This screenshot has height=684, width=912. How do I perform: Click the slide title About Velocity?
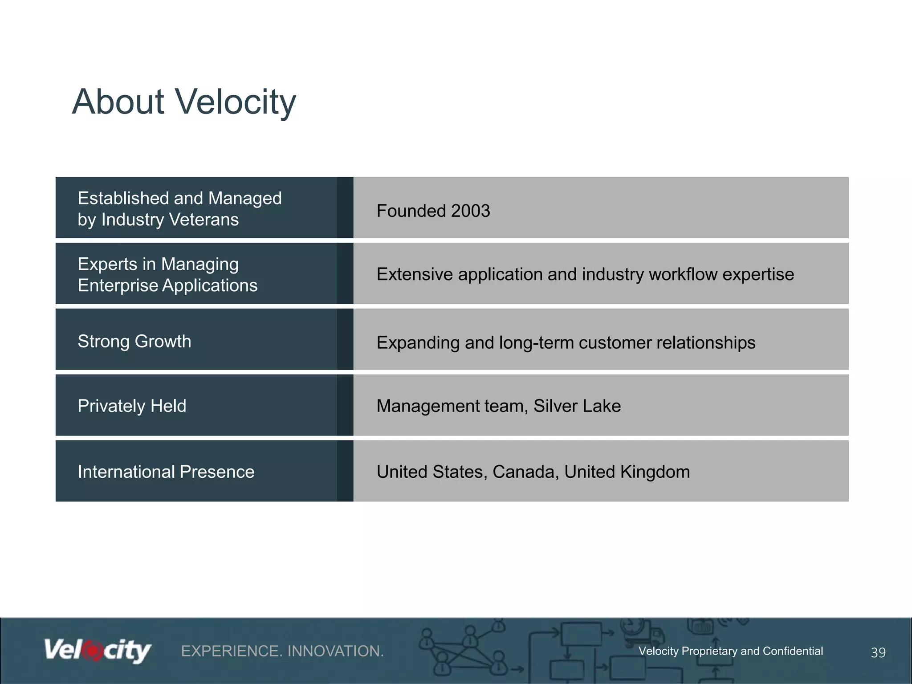(x=184, y=102)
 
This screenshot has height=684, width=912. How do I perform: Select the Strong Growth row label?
(x=134, y=342)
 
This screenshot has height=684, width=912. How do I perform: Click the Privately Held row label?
(x=132, y=406)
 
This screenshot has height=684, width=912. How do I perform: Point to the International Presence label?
(x=166, y=472)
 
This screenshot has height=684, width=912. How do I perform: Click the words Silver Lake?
(x=577, y=406)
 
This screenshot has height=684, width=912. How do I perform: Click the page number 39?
(x=878, y=652)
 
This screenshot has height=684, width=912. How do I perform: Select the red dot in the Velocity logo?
(x=93, y=651)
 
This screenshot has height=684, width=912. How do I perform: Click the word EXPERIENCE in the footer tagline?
(x=231, y=651)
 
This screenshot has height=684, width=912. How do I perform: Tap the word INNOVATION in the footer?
(x=335, y=651)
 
